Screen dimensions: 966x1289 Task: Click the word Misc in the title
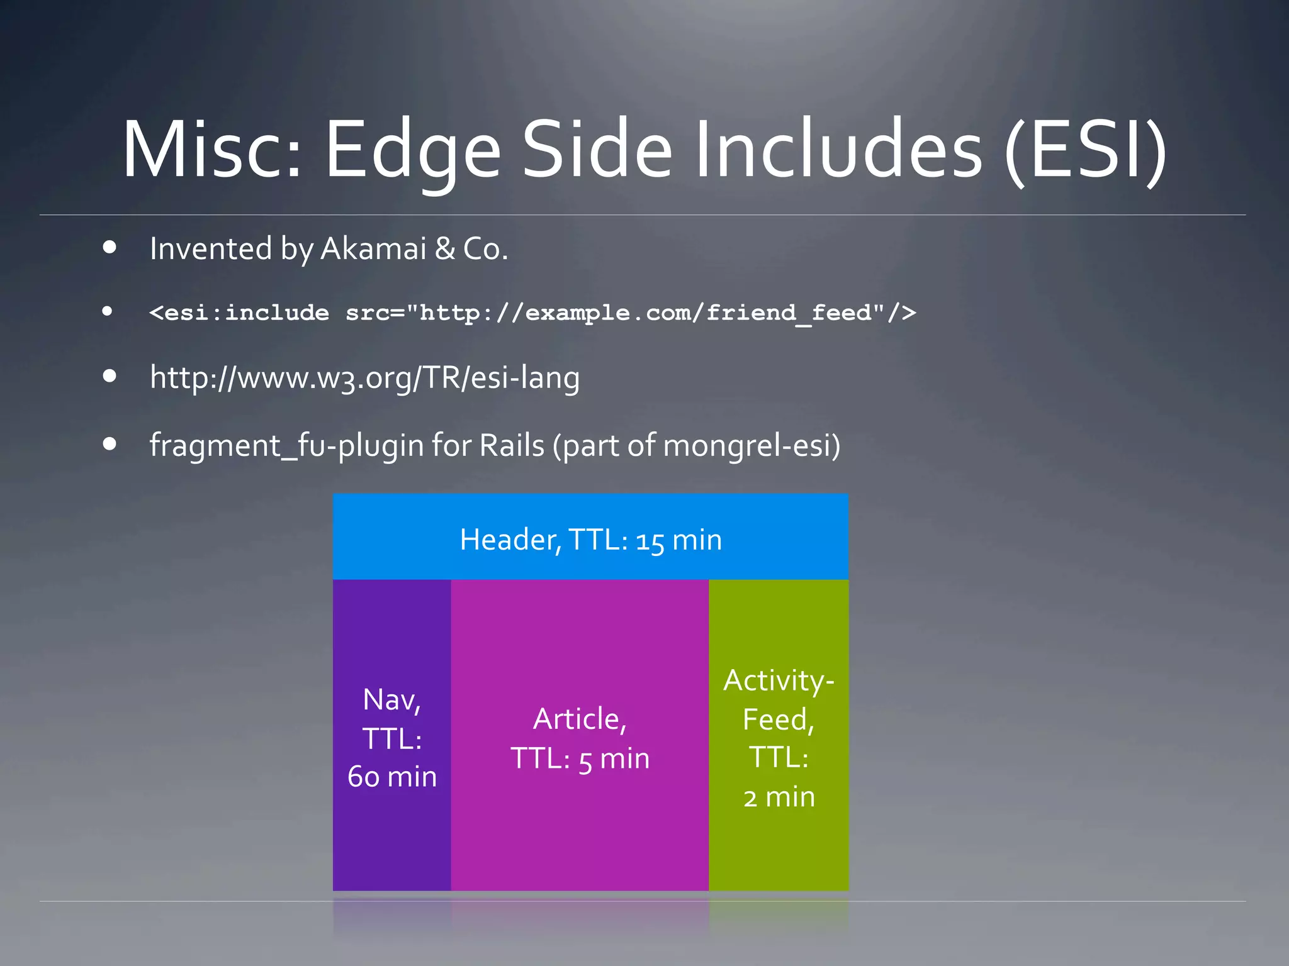click(211, 151)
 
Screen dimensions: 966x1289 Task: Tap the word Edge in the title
click(412, 151)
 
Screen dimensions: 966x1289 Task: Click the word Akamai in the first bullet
click(374, 249)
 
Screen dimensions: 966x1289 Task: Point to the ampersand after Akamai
click(445, 249)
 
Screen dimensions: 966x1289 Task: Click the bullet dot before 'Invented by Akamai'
click(110, 247)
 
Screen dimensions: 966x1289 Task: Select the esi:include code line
click(532, 313)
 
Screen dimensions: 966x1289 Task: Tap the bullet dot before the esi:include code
click(108, 311)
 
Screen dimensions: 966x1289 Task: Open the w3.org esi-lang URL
click(364, 378)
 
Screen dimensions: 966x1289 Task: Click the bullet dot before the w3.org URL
click(110, 376)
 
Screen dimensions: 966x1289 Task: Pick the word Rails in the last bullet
click(512, 445)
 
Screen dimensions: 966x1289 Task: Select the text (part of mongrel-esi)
click(696, 447)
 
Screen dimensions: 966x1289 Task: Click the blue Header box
click(590, 536)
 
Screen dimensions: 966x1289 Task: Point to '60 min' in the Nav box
click(392, 777)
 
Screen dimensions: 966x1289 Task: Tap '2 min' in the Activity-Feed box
click(779, 797)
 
